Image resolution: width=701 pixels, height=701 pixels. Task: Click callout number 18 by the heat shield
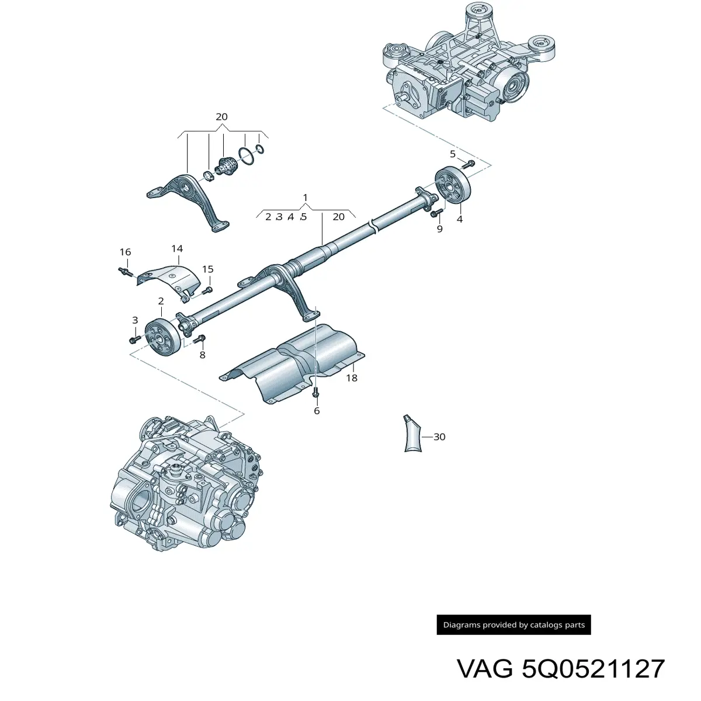(x=352, y=378)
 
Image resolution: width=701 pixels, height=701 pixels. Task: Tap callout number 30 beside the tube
(x=439, y=436)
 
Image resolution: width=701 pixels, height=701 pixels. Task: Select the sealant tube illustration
(x=413, y=433)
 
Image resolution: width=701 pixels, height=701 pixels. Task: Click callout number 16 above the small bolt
(x=125, y=252)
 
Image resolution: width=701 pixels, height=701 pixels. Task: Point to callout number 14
(x=177, y=248)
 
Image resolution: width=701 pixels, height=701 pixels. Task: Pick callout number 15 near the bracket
(x=208, y=269)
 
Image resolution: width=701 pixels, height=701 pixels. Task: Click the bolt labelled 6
(x=315, y=393)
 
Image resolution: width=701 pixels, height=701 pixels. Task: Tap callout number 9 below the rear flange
(x=439, y=229)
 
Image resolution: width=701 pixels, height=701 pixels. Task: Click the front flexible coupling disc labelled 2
(x=162, y=337)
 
